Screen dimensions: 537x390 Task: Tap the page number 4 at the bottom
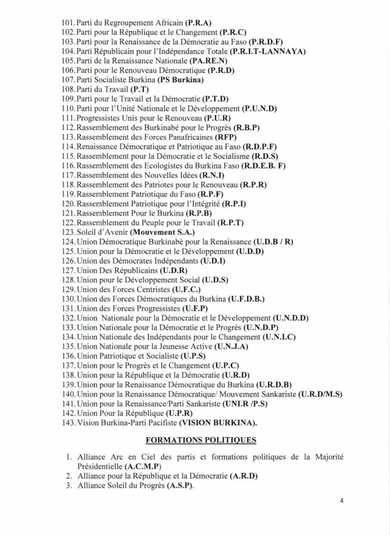[x=341, y=501]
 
